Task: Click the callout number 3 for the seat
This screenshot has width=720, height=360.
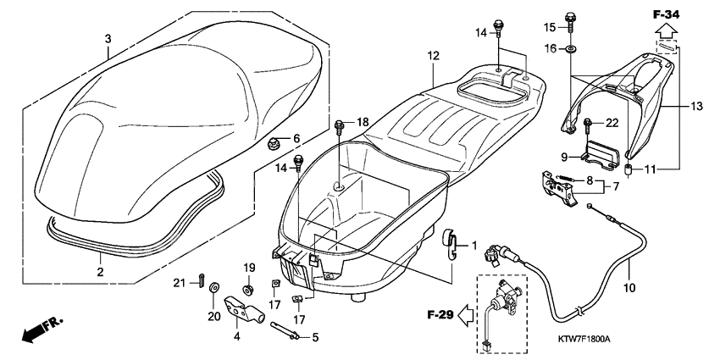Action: tap(108, 39)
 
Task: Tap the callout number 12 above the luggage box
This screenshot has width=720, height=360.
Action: tap(433, 55)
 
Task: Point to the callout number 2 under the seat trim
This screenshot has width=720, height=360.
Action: tap(99, 272)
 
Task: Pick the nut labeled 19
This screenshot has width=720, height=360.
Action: tap(248, 291)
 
